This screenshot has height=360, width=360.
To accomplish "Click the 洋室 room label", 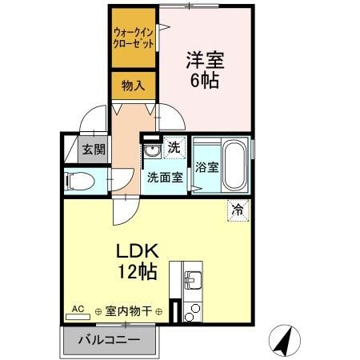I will click(204, 59).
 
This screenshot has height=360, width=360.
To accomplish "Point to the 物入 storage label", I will click(133, 85).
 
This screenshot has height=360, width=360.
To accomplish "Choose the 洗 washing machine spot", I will click(174, 147).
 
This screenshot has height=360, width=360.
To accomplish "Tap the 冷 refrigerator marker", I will click(238, 209).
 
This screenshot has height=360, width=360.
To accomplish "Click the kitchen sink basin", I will click(194, 280).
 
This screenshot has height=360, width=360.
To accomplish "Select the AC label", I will click(78, 307).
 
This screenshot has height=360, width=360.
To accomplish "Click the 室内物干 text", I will click(130, 310).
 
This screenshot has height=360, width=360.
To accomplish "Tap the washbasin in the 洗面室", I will click(153, 150).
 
